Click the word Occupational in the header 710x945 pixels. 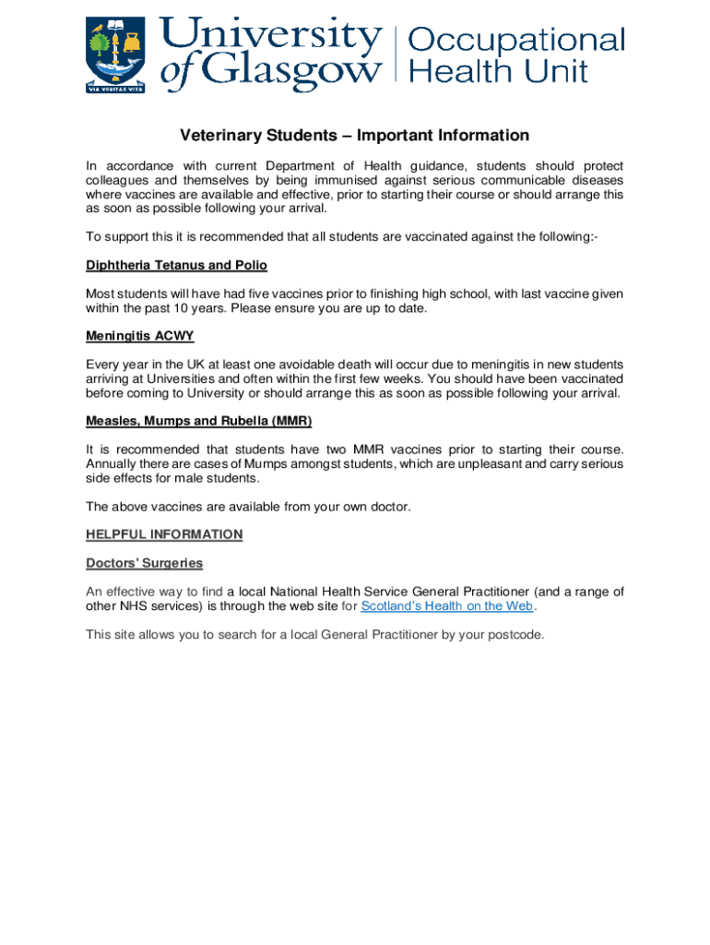pyautogui.click(x=515, y=41)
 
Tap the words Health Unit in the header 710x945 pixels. pyautogui.click(x=498, y=71)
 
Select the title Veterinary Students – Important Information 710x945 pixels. pyautogui.click(x=354, y=136)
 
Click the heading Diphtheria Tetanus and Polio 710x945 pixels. pyautogui.click(x=176, y=266)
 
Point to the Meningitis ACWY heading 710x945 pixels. pyautogui.click(x=139, y=337)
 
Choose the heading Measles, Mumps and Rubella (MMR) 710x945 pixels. pyautogui.click(x=198, y=422)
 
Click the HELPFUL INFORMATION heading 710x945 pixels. pyautogui.click(x=164, y=534)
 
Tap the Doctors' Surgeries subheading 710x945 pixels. pyautogui.click(x=144, y=563)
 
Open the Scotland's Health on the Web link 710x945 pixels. pyautogui.click(x=446, y=606)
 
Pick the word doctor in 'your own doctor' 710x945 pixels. pyautogui.click(x=386, y=507)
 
